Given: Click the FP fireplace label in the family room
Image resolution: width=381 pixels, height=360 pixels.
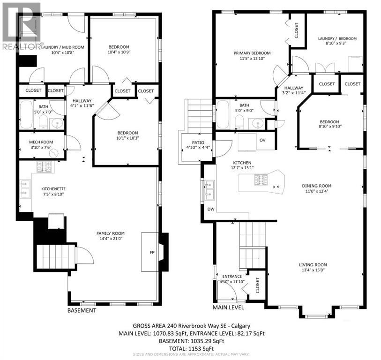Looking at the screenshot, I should (x=152, y=253).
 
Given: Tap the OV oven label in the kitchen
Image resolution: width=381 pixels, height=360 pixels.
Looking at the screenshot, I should (x=262, y=140).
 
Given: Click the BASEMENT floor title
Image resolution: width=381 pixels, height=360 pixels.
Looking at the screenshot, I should (x=82, y=310).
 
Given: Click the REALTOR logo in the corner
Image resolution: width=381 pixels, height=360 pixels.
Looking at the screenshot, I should (x=21, y=26).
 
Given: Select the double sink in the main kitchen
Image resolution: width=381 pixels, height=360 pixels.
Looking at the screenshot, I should (x=209, y=190).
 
